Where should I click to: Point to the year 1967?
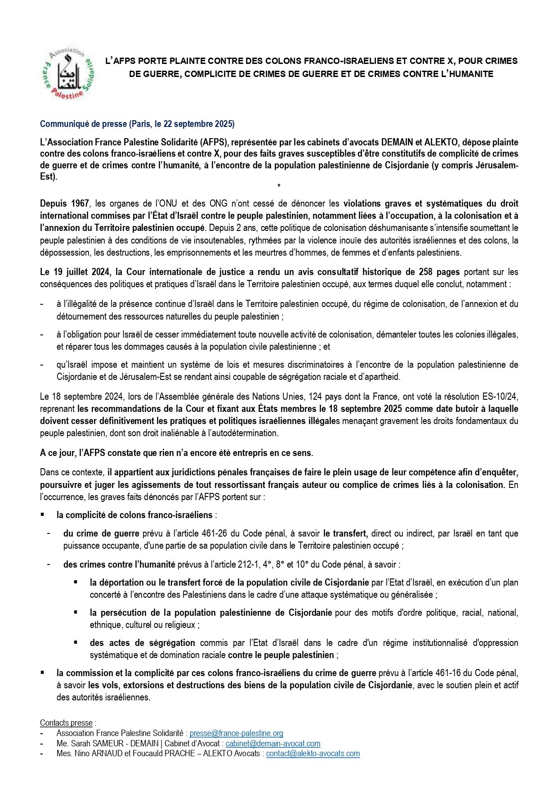[80, 203]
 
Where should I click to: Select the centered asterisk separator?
[279, 185]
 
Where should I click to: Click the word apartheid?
[382, 376]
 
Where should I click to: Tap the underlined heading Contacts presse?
[66, 722]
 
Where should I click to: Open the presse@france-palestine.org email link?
[236, 733]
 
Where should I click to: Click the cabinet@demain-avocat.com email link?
[273, 744]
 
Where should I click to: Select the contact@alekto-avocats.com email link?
[313, 754]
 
